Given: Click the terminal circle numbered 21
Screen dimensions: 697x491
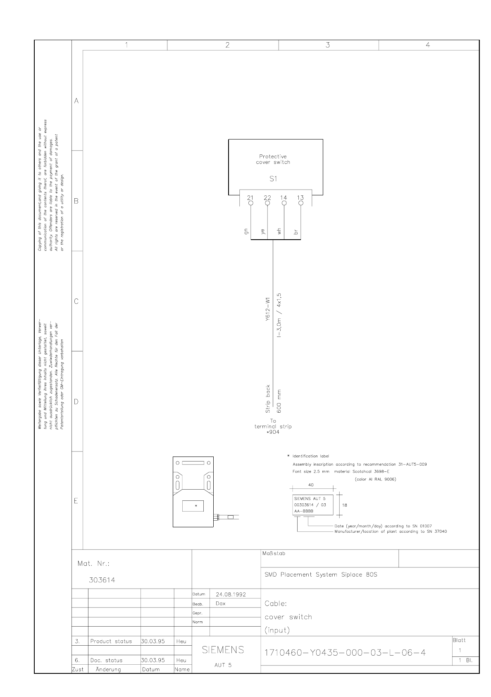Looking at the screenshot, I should tap(250, 203).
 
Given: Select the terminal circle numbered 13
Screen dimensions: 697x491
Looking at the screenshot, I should tap(301, 203).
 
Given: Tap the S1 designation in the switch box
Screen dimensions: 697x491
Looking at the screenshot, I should tap(273, 179).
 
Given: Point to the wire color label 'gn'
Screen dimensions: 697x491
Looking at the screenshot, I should tap(247, 232).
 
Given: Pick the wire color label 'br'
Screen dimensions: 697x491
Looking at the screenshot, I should tap(296, 232).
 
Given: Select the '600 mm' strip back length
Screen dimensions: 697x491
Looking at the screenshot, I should tap(279, 401).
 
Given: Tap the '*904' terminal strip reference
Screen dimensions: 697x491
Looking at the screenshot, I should tap(273, 432).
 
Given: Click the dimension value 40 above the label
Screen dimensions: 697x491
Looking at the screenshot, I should tap(311, 485).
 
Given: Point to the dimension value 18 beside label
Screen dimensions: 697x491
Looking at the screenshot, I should tap(344, 505).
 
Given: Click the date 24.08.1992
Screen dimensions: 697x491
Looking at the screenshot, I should tap(231, 594).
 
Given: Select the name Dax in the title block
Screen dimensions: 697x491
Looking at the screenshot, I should tap(221, 603).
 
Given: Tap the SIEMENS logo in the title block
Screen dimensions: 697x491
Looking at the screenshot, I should tap(223, 650).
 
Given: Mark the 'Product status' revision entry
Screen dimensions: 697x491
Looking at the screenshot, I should tap(111, 642).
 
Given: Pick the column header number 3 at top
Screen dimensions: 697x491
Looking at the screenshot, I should tap(328, 45).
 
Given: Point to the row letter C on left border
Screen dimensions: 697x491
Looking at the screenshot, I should tap(76, 301).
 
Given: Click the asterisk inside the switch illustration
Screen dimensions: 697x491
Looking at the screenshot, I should tap(196, 506).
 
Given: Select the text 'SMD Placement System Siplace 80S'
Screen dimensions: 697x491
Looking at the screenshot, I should tap(321, 575).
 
